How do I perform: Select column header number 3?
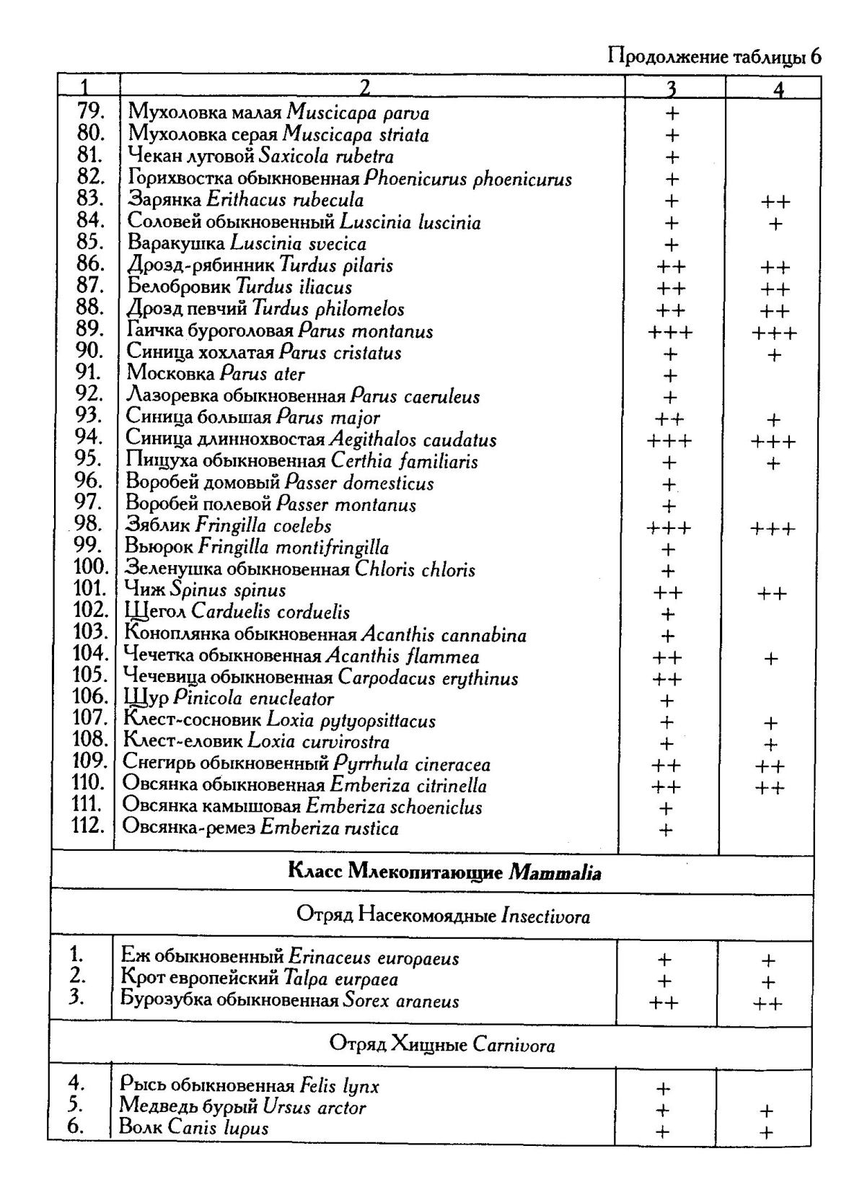click(x=671, y=88)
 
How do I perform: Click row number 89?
click(x=91, y=330)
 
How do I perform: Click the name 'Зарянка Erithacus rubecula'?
click(x=245, y=200)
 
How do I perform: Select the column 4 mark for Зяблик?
click(x=772, y=529)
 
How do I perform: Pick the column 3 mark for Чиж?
click(x=667, y=593)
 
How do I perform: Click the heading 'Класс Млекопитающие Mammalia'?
click(x=444, y=872)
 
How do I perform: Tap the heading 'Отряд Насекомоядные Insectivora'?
click(x=443, y=916)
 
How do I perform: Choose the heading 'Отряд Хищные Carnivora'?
click(x=442, y=1044)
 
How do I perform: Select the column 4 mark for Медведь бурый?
click(x=767, y=1111)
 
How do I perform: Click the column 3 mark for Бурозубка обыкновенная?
click(x=664, y=1002)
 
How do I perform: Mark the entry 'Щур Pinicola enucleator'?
click(x=229, y=699)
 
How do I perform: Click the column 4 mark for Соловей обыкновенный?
click(x=775, y=224)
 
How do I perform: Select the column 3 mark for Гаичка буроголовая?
click(x=671, y=333)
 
